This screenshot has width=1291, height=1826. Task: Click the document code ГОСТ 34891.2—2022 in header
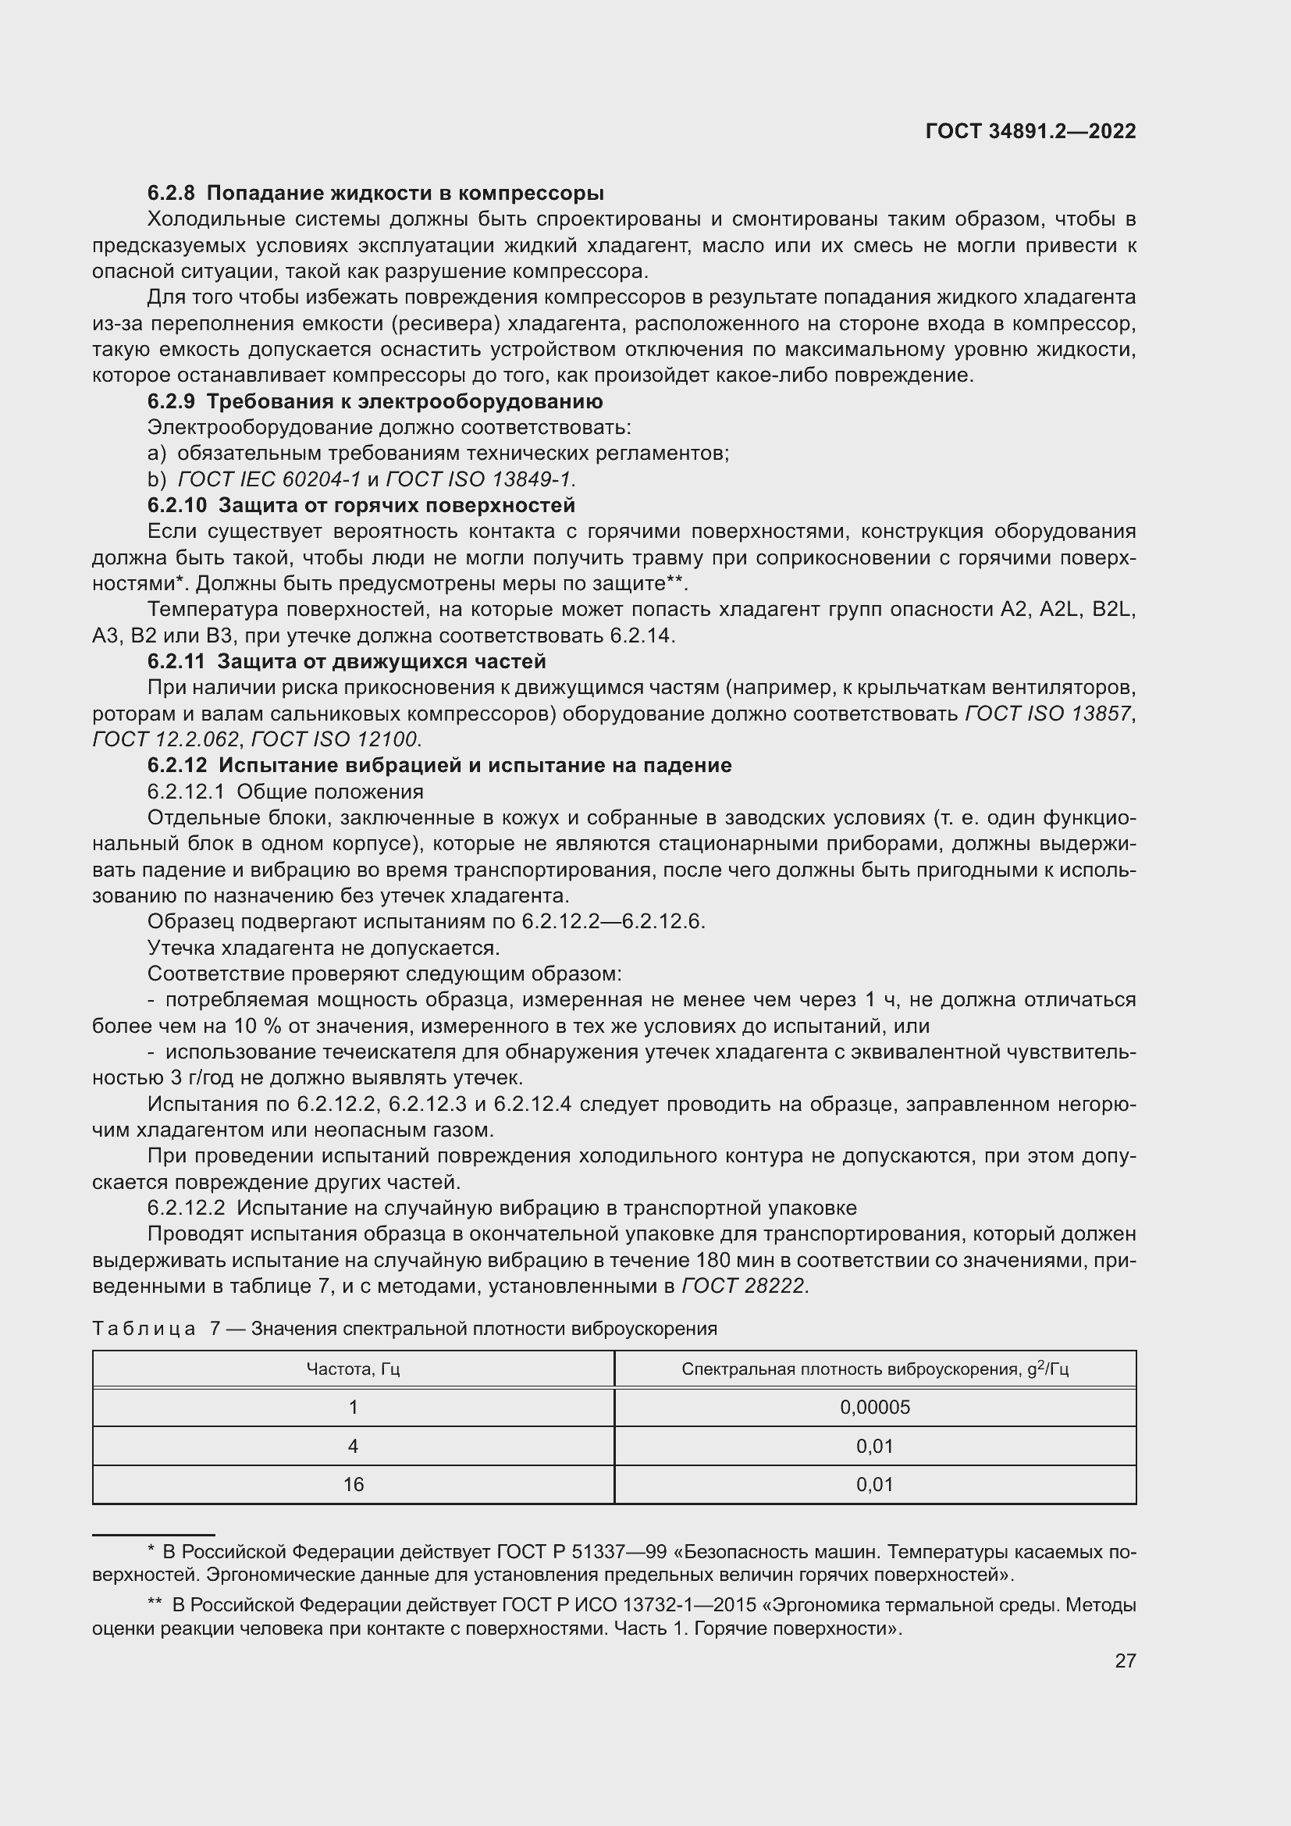click(x=1030, y=132)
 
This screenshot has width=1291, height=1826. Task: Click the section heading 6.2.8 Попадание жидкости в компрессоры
click(x=375, y=194)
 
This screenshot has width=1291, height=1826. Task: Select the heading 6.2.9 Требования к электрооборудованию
click(x=375, y=401)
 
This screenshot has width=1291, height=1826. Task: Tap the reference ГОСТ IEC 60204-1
click(x=269, y=479)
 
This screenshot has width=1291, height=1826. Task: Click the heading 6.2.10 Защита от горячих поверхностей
click(x=361, y=506)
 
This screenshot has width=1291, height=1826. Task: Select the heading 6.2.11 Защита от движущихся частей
click(x=347, y=662)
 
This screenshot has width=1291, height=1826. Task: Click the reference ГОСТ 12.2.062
click(x=165, y=739)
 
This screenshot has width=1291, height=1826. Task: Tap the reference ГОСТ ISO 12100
click(x=334, y=739)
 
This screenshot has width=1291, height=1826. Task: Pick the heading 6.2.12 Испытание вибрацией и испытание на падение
click(x=439, y=766)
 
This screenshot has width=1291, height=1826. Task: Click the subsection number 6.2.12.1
click(x=187, y=792)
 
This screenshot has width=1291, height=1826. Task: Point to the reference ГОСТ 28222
click(x=743, y=1286)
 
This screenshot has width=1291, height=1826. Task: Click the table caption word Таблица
click(x=144, y=1329)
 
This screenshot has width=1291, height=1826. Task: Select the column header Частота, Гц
click(x=353, y=1369)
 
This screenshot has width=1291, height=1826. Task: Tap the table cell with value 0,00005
click(x=874, y=1408)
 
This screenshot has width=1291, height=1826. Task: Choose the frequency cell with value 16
click(x=353, y=1485)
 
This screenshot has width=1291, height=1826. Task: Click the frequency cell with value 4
click(x=353, y=1446)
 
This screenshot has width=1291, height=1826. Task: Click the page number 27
click(x=1125, y=1660)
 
